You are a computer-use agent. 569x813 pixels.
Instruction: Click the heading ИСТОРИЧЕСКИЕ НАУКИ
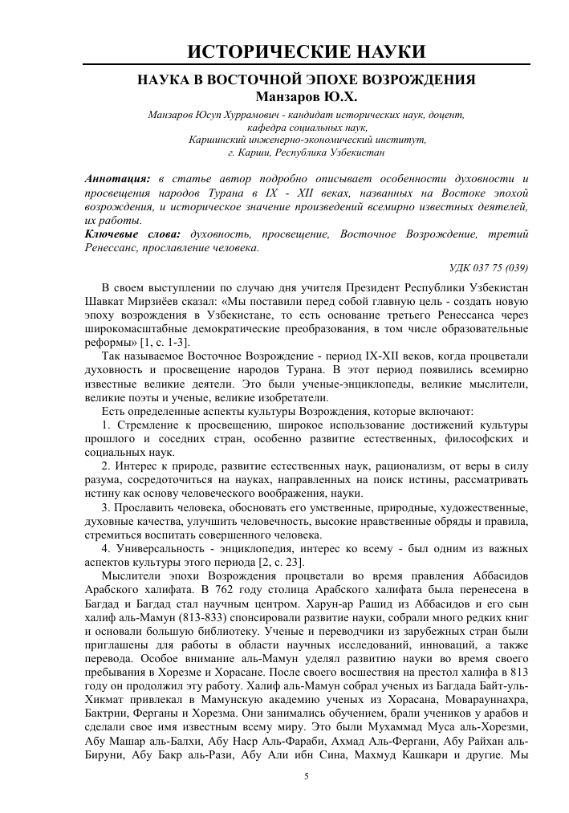tap(306, 53)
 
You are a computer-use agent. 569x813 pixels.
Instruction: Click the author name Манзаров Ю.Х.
tap(306, 97)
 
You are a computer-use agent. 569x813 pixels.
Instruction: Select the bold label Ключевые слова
tap(131, 234)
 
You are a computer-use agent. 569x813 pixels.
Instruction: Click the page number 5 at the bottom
tap(306, 776)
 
